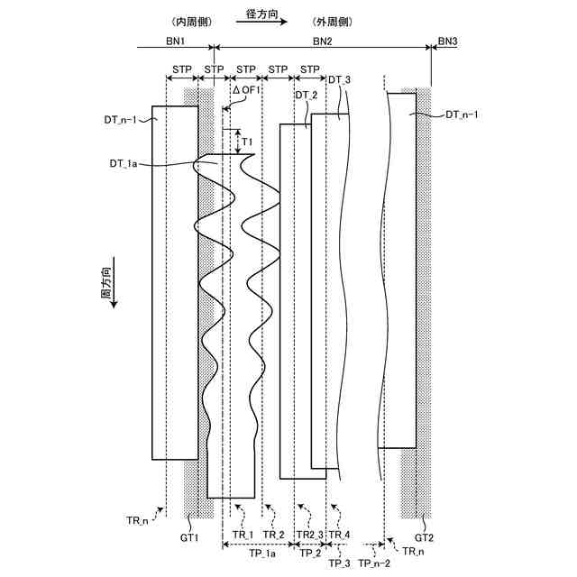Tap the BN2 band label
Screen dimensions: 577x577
click(x=322, y=42)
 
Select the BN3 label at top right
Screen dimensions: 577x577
click(x=447, y=41)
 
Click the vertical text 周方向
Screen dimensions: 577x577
click(x=105, y=283)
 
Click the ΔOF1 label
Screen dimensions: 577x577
click(x=246, y=90)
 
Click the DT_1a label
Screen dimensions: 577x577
click(x=127, y=163)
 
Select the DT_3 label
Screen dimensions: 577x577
click(x=339, y=81)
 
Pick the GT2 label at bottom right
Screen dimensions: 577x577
click(x=424, y=537)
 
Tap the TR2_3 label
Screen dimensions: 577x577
click(x=308, y=536)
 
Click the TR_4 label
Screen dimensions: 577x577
click(x=340, y=536)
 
